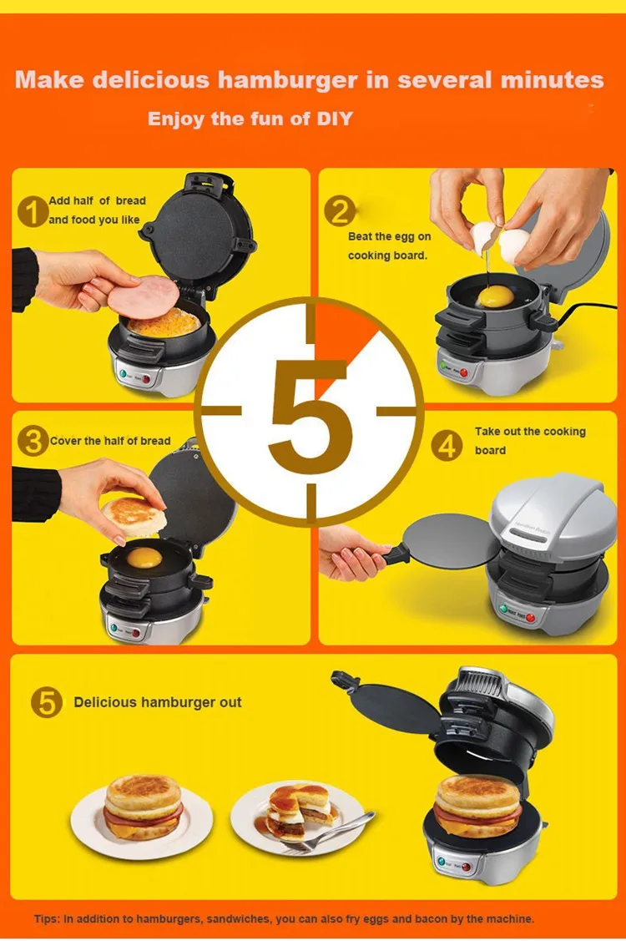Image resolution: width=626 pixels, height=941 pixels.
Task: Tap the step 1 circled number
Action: (33, 212)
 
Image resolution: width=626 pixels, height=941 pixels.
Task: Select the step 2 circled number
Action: (340, 211)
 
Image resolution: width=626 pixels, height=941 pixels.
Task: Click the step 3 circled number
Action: (33, 441)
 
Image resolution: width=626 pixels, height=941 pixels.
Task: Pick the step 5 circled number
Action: (46, 702)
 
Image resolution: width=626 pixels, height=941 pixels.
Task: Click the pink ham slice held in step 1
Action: (144, 296)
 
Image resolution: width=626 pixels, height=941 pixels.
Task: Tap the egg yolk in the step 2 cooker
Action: (496, 296)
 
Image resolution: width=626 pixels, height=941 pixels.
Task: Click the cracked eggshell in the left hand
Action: (484, 237)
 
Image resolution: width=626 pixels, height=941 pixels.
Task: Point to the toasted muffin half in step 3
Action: (134, 515)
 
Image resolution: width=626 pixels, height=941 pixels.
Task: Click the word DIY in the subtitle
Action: (335, 119)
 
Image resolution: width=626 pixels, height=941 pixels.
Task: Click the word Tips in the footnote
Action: (46, 918)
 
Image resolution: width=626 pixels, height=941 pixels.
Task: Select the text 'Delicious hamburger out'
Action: (157, 702)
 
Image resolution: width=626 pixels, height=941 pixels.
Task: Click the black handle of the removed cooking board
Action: (396, 554)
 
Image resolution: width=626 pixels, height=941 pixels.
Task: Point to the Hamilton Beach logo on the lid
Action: (531, 528)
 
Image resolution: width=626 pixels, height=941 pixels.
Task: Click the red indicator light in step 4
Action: (530, 618)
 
